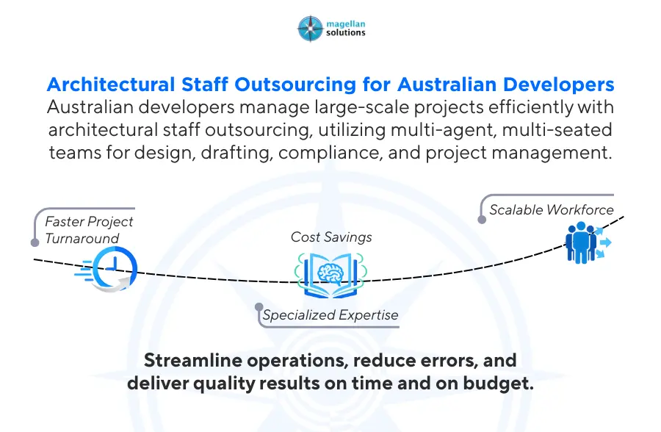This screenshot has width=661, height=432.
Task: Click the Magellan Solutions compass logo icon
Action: (x=311, y=27)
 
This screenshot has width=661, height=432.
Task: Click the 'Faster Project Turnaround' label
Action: (x=89, y=230)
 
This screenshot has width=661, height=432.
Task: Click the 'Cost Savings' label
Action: (x=331, y=237)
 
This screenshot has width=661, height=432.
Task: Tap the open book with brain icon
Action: (x=330, y=273)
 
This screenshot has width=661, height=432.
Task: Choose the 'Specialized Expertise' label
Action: (x=330, y=315)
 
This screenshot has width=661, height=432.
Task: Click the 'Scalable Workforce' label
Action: (x=551, y=209)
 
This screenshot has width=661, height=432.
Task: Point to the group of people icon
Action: (x=583, y=242)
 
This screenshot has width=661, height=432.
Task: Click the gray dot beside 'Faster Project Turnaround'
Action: (x=34, y=242)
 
